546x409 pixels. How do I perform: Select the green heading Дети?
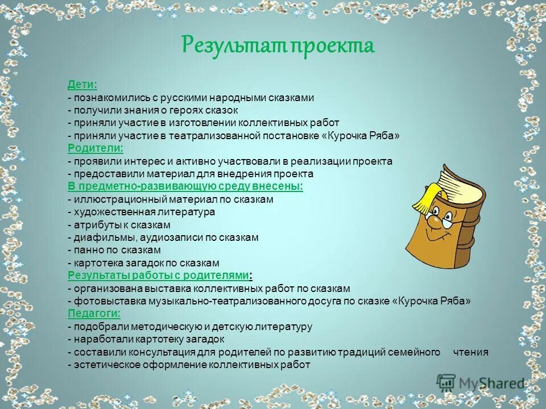(x=82, y=85)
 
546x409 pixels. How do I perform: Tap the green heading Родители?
(x=96, y=148)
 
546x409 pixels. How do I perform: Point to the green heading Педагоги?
(x=94, y=314)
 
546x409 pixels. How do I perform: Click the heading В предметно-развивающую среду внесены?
(x=185, y=186)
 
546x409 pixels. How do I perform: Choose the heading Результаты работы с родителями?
(x=158, y=276)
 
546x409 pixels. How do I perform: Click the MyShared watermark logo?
(x=481, y=383)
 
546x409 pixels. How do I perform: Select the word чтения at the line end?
(x=470, y=352)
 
